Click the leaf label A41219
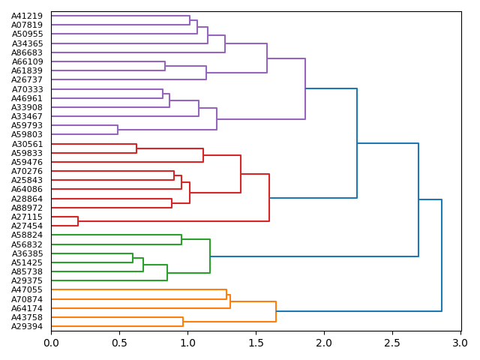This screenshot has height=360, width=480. click(x=27, y=16)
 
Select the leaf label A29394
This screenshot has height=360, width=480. click(x=27, y=326)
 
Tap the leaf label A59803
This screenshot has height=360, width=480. click(x=27, y=134)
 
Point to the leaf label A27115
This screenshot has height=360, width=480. click(x=27, y=217)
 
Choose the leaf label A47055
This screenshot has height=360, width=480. click(x=27, y=289)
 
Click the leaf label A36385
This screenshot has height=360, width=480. click(x=27, y=253)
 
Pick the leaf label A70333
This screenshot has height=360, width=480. click(x=27, y=89)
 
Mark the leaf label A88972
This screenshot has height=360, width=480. click(x=27, y=208)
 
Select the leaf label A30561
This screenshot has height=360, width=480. click(x=27, y=144)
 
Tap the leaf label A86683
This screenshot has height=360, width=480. click(x=27, y=52)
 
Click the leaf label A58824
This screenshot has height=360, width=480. click(x=27, y=235)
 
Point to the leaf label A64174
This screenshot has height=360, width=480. click(x=27, y=308)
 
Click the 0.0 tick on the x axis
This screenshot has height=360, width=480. click(x=51, y=343)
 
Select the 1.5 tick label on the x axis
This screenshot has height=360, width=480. click(x=256, y=343)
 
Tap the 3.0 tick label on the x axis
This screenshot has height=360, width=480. click(x=460, y=343)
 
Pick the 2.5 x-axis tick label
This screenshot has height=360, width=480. click(x=391, y=343)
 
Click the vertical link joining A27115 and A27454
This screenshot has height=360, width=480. click(x=78, y=221)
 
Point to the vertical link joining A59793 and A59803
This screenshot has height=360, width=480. click(x=118, y=130)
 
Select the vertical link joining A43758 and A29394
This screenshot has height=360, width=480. click(x=183, y=322)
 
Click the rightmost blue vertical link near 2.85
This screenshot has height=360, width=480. click(x=442, y=255)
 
